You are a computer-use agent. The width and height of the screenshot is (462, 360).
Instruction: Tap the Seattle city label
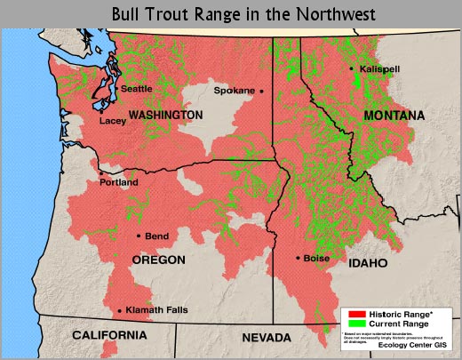136,89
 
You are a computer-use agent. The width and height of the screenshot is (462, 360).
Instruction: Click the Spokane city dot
262,91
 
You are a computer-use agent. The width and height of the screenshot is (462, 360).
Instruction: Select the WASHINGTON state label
165,116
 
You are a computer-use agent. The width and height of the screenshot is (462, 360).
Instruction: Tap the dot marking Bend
139,236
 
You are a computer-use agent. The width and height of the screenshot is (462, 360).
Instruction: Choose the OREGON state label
158,260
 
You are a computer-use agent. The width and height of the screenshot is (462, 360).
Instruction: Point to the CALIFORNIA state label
110,335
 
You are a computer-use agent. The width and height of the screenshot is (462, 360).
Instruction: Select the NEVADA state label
267,339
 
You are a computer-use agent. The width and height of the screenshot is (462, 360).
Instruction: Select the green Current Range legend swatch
354,324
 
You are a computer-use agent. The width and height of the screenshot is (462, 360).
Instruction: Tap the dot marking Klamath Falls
120,311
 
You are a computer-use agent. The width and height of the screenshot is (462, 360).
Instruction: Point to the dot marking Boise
297,259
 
